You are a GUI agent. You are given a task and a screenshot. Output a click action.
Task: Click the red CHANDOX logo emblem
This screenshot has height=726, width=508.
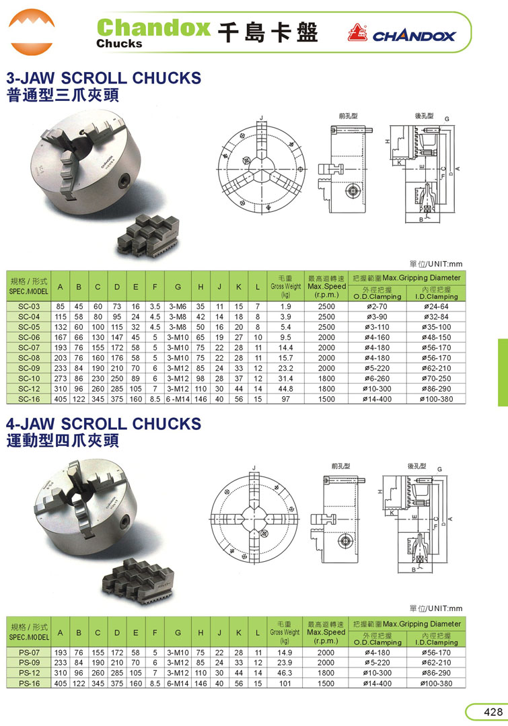click(x=357, y=32)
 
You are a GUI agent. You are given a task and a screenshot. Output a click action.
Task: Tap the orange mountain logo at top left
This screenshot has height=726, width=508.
click(x=32, y=32)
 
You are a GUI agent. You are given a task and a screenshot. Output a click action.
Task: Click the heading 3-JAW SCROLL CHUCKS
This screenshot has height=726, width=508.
click(x=104, y=78)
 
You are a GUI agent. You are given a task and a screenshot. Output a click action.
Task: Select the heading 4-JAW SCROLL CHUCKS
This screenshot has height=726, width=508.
click(x=104, y=424)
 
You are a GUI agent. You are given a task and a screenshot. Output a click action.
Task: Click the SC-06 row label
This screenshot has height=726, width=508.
click(x=29, y=338)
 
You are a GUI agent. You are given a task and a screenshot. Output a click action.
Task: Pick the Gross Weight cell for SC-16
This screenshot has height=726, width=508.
click(x=286, y=399)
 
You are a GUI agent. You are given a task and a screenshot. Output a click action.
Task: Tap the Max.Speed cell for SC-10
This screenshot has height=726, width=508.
click(x=326, y=379)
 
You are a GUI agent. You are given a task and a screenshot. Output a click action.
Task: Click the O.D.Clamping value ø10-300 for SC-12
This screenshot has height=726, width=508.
click(x=377, y=389)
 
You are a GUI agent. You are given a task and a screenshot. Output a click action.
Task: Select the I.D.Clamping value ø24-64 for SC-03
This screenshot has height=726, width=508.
click(x=436, y=307)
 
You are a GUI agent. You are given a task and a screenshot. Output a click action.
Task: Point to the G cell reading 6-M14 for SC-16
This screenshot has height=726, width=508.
click(x=178, y=399)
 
